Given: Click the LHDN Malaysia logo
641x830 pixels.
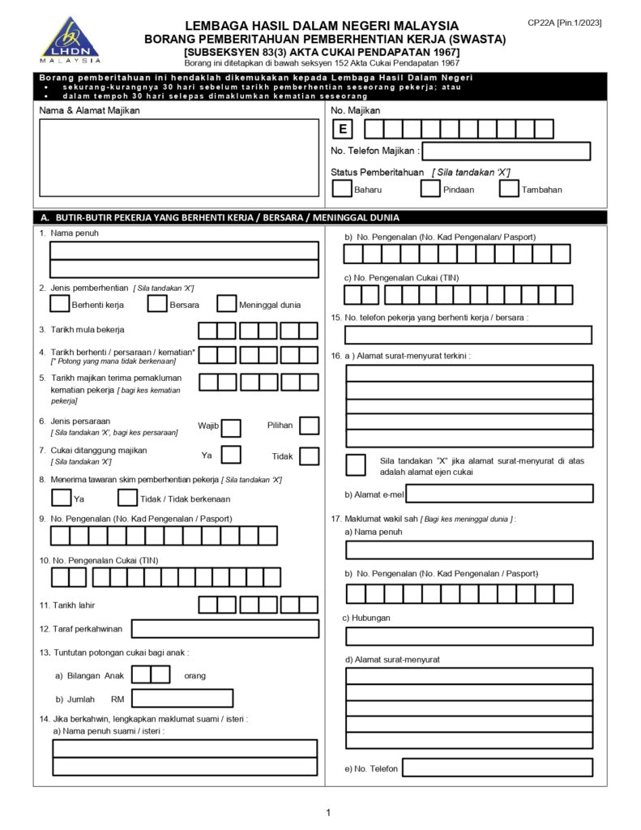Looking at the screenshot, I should point(71,41).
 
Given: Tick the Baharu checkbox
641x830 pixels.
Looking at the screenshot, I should point(341,189).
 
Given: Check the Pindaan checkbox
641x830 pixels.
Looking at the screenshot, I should point(429,189).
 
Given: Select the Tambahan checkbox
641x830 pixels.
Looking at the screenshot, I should point(509,189).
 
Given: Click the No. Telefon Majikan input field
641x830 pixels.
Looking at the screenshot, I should point(506,151).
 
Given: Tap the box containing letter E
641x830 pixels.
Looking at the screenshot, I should point(343,129).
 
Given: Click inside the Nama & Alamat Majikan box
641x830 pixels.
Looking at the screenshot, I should point(179,157).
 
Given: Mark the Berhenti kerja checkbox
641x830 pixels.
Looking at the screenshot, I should point(59,304).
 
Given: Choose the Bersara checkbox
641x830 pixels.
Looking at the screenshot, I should point(157,304).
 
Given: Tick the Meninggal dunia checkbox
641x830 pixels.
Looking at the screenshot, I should point(227,304).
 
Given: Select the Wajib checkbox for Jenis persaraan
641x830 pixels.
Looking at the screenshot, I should point(231,427).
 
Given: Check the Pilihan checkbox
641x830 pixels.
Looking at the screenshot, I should point(309,426).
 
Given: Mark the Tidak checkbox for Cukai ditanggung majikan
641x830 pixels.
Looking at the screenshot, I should point(309,456).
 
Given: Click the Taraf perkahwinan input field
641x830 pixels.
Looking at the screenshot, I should point(224,628).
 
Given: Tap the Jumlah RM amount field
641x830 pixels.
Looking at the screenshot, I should point(182,698).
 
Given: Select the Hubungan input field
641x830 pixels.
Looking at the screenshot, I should point(469,636).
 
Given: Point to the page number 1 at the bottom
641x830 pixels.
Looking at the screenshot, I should point(328,812).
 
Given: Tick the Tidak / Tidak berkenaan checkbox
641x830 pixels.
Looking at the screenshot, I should point(127,498).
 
